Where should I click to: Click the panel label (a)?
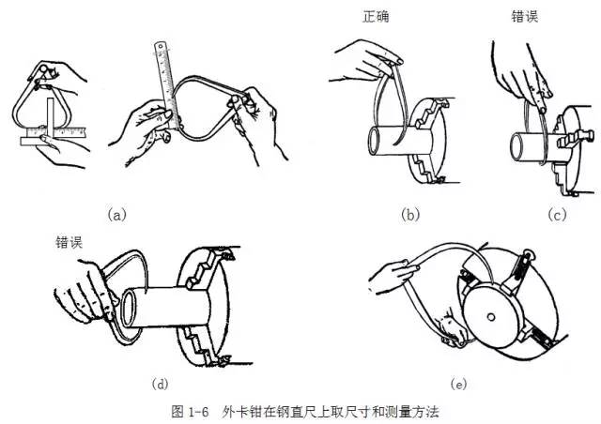(116, 215)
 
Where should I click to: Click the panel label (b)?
(410, 215)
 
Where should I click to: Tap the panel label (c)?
(557, 215)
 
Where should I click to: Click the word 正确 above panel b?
(377, 17)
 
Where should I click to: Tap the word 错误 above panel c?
(525, 17)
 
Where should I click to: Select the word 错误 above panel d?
(69, 241)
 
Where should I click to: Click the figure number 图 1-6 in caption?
(192, 411)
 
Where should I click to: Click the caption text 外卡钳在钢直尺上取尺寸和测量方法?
(331, 411)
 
